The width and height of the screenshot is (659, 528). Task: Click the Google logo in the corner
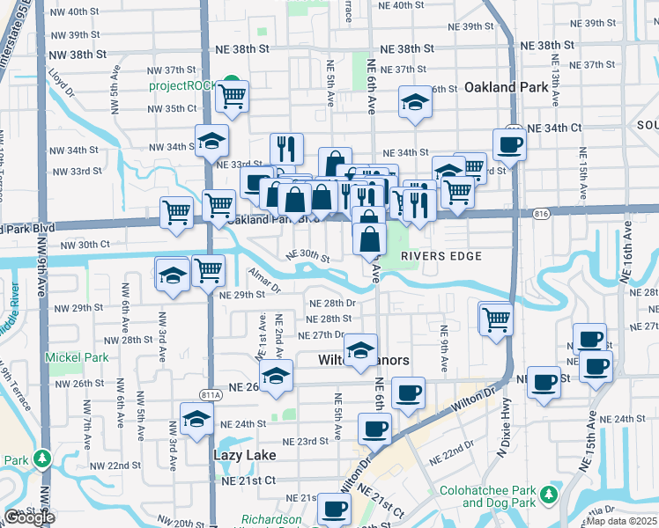(x=29, y=517)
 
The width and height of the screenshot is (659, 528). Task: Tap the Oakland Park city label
(x=500, y=87)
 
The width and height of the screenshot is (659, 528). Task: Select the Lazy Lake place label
(x=245, y=455)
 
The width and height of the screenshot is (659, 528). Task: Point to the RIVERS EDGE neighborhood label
(x=441, y=256)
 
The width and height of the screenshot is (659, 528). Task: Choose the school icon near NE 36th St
(x=414, y=103)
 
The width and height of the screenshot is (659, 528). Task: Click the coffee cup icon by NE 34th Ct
(x=509, y=143)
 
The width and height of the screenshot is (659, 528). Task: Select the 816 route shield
(x=541, y=213)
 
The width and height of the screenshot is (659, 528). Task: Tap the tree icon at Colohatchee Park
(x=550, y=495)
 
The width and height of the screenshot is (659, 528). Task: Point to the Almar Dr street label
(x=263, y=280)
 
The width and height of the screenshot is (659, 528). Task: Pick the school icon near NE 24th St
(x=196, y=421)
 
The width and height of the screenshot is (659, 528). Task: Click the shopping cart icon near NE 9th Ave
(x=497, y=318)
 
